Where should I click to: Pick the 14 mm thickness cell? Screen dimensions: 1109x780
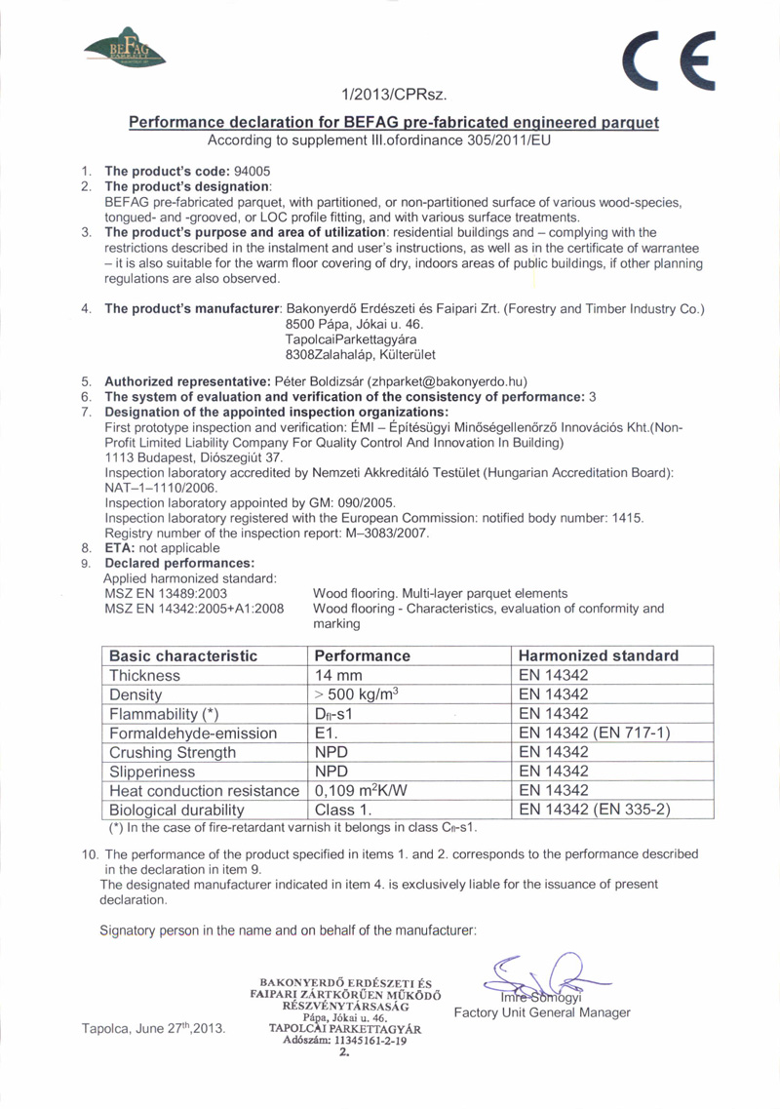click(336, 675)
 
